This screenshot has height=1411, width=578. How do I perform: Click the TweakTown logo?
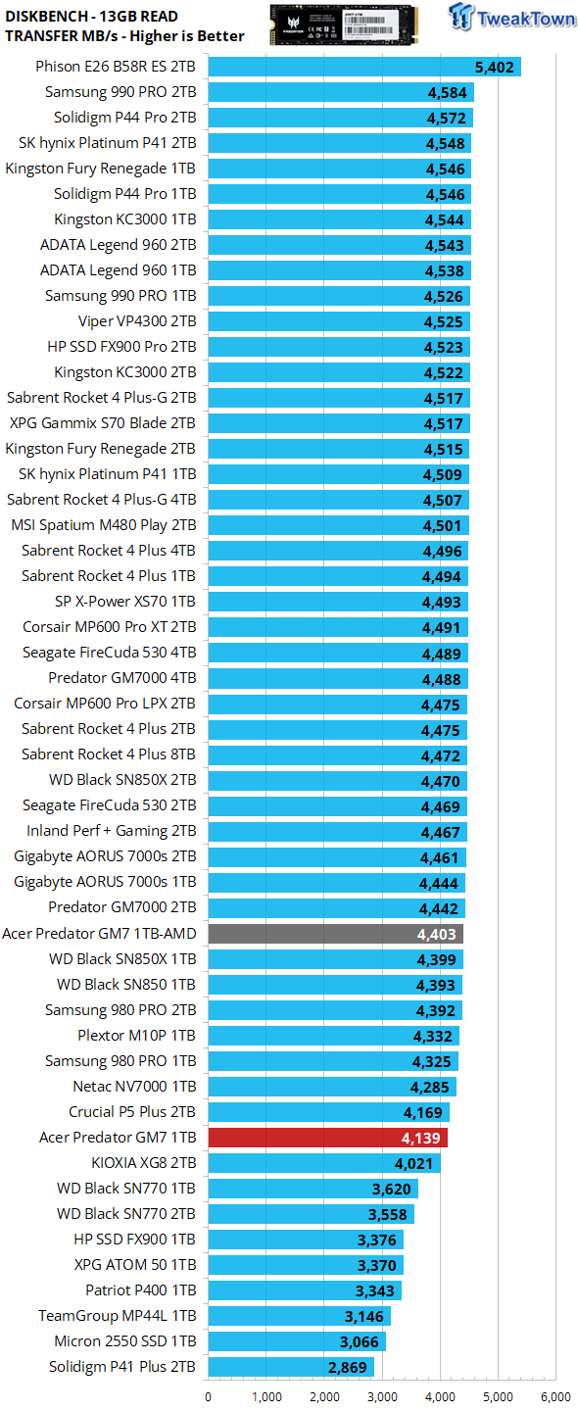coord(511,17)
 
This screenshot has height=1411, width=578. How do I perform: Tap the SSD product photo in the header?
coord(344,24)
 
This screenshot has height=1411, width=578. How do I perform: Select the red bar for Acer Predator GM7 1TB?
coord(328,1138)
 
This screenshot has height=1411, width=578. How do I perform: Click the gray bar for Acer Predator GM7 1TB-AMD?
coord(336,934)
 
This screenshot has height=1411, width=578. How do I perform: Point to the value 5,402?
coord(495,68)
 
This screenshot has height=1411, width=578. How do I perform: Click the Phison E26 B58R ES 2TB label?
coord(116,67)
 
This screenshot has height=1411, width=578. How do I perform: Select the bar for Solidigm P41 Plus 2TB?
coord(291,1367)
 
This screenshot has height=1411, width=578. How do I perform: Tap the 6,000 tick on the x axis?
coord(556,1396)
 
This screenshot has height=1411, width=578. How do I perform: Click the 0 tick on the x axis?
coord(209,1396)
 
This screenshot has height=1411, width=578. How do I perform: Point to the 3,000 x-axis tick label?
coord(382,1396)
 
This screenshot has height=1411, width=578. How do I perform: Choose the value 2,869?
coord(348,1368)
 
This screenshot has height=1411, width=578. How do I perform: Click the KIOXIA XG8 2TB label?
coord(144,1163)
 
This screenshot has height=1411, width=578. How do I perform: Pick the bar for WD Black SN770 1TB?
coord(313,1189)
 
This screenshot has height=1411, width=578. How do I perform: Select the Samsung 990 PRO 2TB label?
coord(120,92)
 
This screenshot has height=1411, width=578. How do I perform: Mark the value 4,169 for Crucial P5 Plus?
coord(423,1113)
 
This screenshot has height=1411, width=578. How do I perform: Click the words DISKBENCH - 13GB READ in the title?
coord(91,17)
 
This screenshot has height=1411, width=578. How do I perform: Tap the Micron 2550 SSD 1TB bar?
coord(297,1341)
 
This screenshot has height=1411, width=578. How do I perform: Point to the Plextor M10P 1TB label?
coord(136,1036)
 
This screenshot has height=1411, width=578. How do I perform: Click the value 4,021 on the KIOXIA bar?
coord(413,1164)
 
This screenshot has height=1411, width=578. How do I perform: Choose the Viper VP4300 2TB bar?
coord(339,321)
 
